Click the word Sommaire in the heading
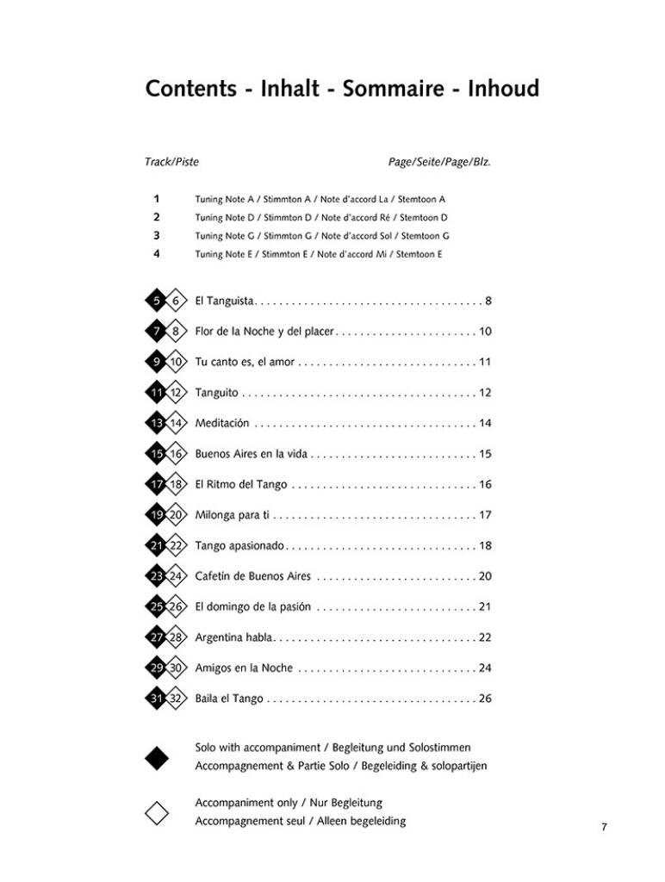[x=394, y=89]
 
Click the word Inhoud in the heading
[x=503, y=89]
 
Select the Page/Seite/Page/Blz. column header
[x=439, y=161]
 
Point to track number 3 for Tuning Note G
[x=156, y=235]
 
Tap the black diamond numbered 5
[x=157, y=301]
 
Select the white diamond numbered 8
[x=176, y=332]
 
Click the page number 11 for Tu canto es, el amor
[x=485, y=362]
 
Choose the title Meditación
[x=221, y=423]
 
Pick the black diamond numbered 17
[x=157, y=484]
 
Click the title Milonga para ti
[x=233, y=515]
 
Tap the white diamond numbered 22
[x=176, y=546]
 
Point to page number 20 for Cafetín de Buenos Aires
[x=485, y=576]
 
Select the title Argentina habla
[x=234, y=637]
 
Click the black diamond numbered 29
[x=157, y=668]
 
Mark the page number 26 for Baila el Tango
[x=485, y=699]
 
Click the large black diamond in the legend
[x=157, y=757]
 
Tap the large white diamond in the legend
[x=157, y=812]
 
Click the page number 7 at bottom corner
[x=604, y=828]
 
